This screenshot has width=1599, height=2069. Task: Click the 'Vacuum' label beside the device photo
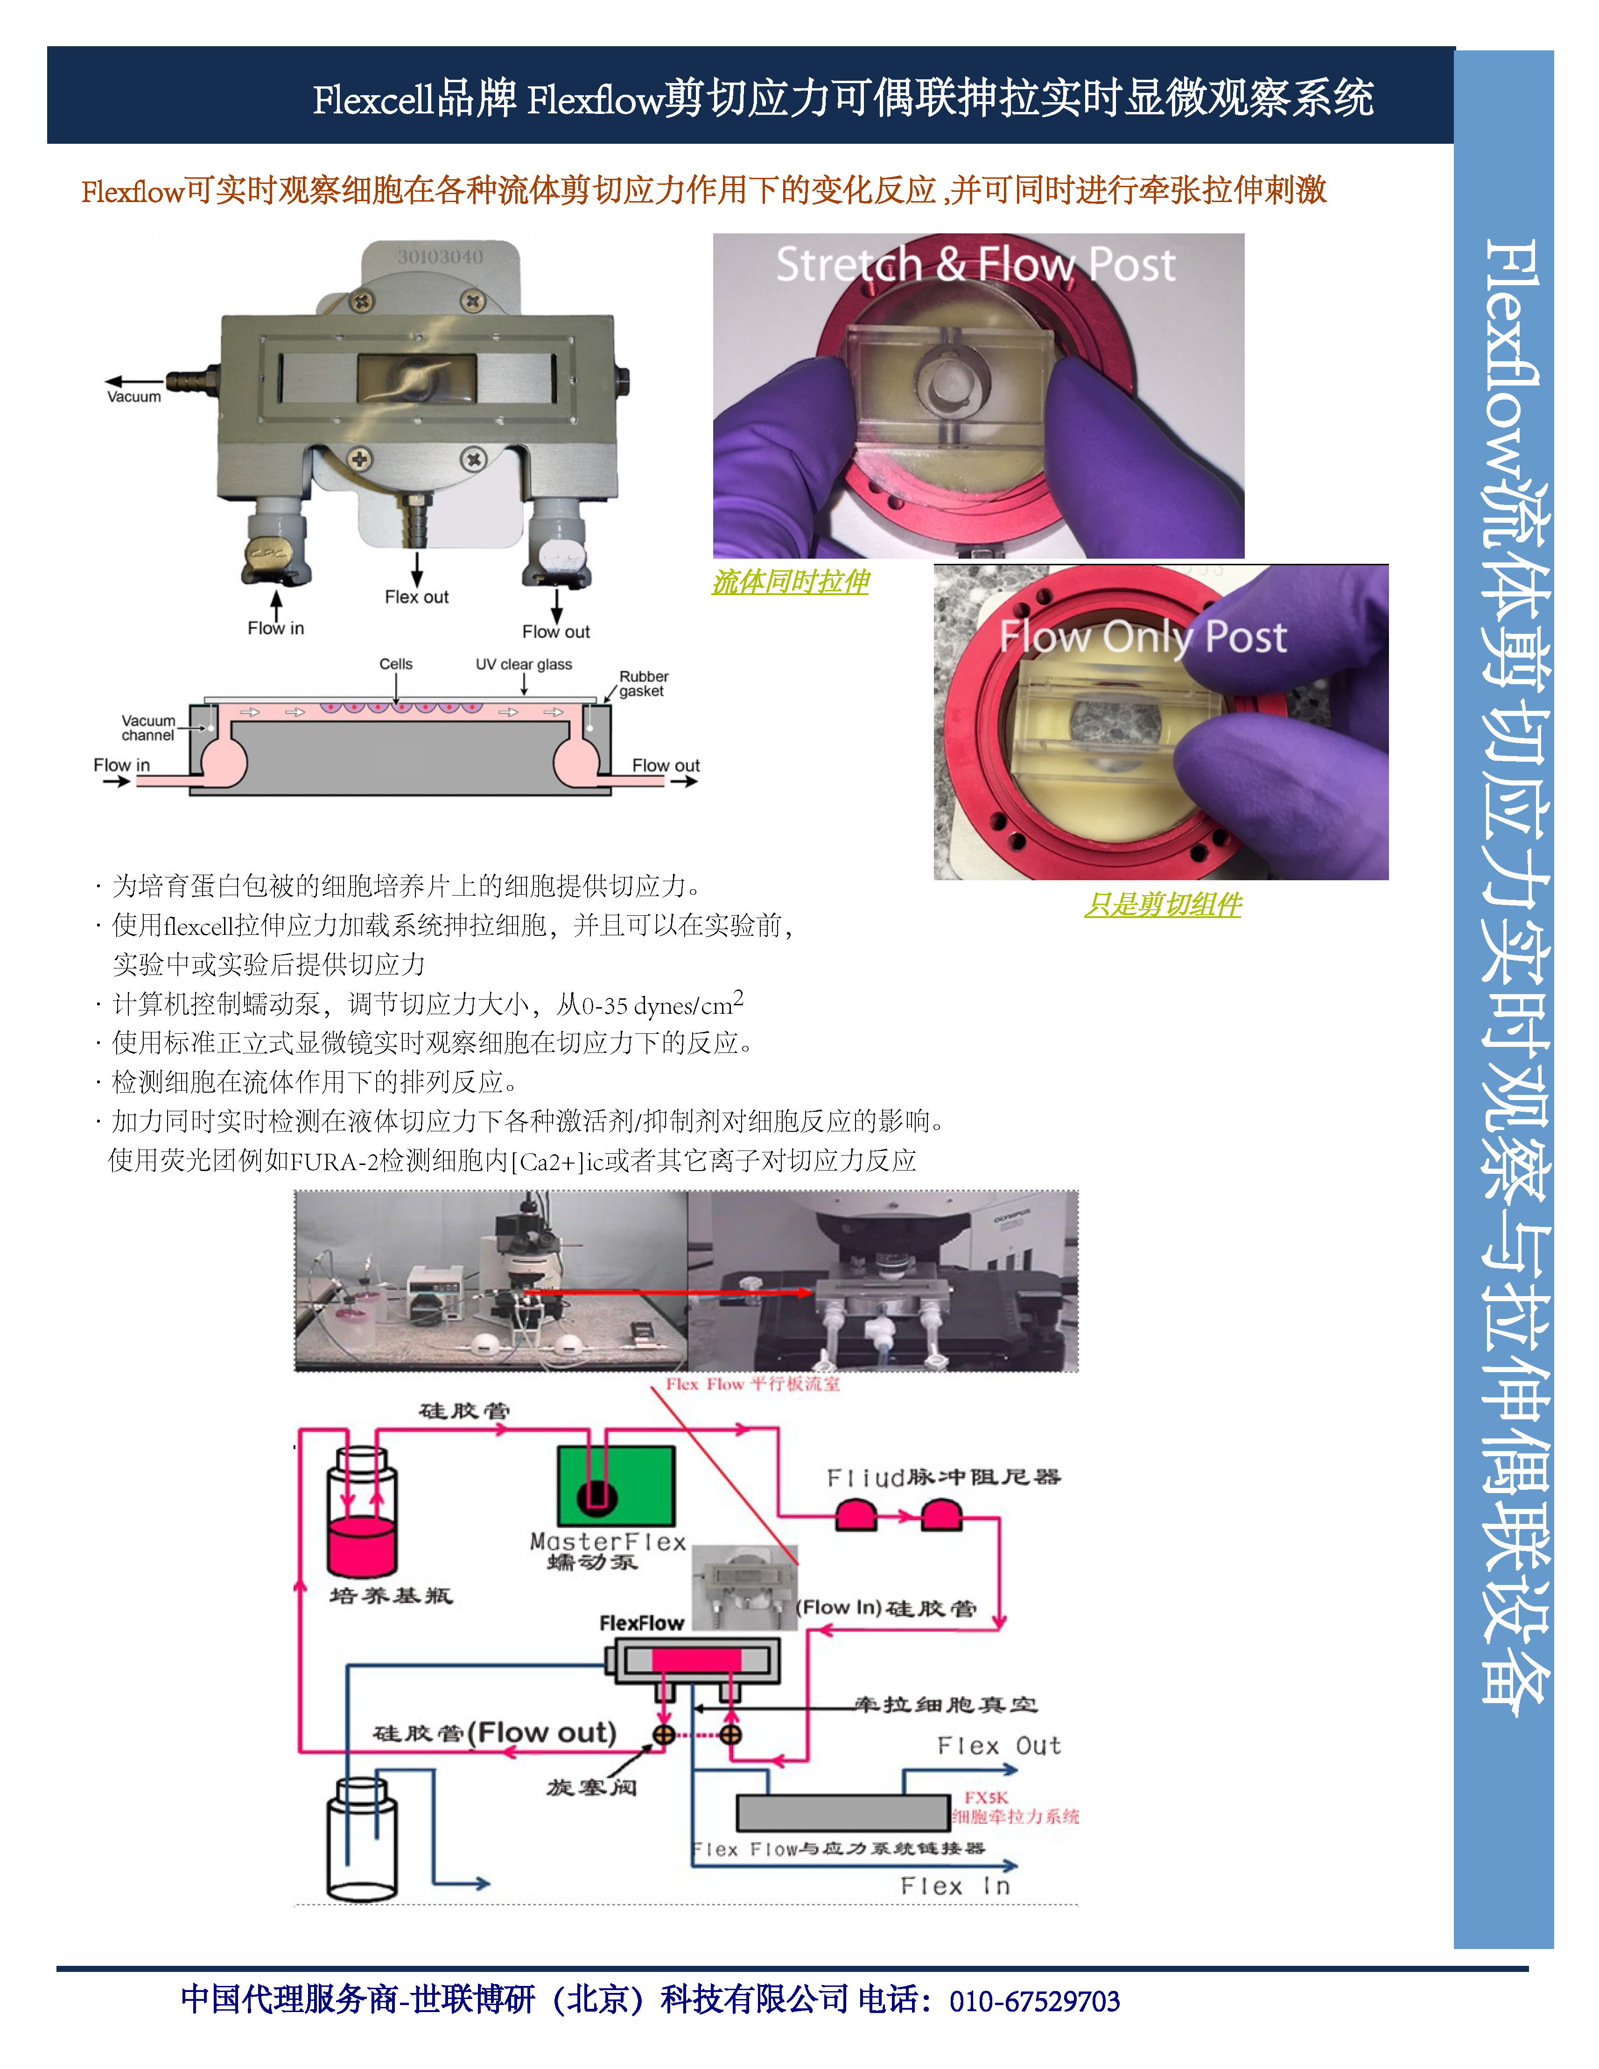pyautogui.click(x=133, y=397)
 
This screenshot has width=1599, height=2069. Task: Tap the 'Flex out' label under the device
pyautogui.click(x=417, y=597)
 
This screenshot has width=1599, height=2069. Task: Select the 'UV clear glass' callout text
pyautogui.click(x=524, y=664)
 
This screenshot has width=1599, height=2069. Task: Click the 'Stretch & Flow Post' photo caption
pyautogui.click(x=976, y=264)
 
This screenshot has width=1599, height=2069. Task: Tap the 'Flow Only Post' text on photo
pyautogui.click(x=1143, y=638)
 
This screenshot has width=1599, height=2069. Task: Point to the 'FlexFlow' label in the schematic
pyautogui.click(x=641, y=1623)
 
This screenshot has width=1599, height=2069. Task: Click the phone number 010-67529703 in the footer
pyautogui.click(x=1034, y=2002)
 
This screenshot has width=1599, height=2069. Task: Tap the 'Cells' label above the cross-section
pyautogui.click(x=396, y=664)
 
